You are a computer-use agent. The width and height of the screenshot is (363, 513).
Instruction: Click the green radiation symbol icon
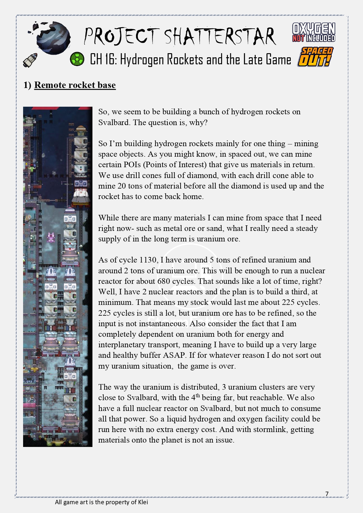coord(77,59)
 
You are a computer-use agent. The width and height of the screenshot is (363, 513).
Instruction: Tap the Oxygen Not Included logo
coord(314,32)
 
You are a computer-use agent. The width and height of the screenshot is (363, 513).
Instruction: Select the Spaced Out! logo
coord(315,57)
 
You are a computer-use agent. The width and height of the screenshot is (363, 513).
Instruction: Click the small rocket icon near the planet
coord(30,60)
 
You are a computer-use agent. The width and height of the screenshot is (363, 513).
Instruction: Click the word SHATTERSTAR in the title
coord(220,37)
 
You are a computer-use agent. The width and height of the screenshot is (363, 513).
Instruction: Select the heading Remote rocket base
coord(75,85)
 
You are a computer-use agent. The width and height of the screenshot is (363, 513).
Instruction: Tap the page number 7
coord(327,494)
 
